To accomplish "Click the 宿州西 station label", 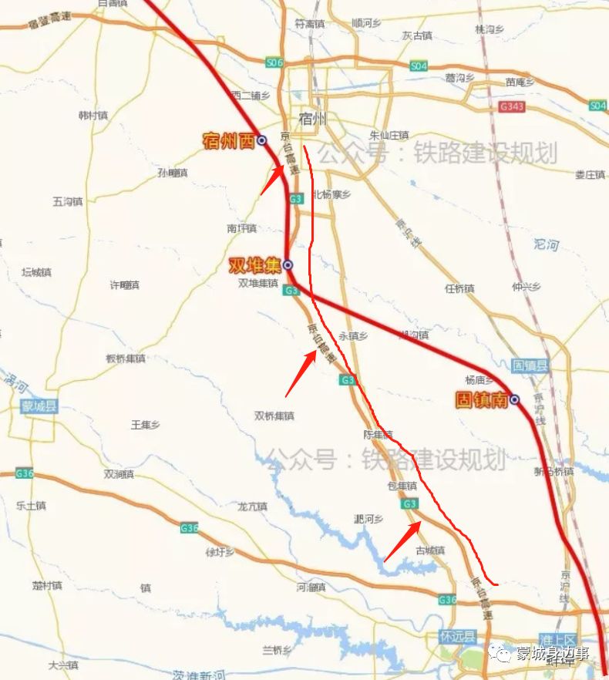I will [x=228, y=140].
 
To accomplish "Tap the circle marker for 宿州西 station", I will [x=262, y=140].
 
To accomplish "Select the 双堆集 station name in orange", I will [x=255, y=266].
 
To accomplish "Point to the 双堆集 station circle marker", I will [x=288, y=265].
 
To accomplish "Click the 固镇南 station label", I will [x=482, y=400].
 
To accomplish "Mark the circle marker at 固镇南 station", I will [x=514, y=399].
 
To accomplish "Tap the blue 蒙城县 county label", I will [x=39, y=406].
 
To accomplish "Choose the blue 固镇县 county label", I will [x=530, y=365].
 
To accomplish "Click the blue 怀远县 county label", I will [x=458, y=637].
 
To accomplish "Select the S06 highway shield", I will [x=274, y=62].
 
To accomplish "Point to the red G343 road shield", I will [x=511, y=106].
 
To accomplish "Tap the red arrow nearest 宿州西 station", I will [x=271, y=180].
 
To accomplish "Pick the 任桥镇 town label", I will [x=459, y=289].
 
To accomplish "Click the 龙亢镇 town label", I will [x=252, y=507].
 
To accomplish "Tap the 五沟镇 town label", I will [x=68, y=201].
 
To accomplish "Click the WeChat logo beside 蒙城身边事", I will [x=503, y=654].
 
